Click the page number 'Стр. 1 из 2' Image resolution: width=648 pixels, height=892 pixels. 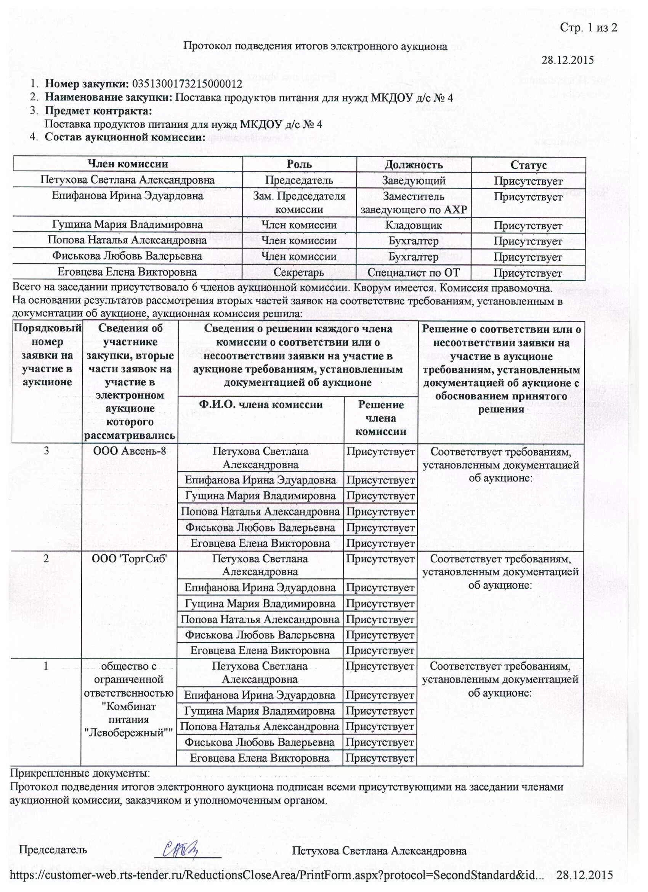pos(588,27)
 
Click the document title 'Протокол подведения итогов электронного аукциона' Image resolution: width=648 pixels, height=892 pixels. pos(316,47)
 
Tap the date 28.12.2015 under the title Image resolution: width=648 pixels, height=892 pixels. pos(568,60)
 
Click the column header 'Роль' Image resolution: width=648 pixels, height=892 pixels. pos(299,164)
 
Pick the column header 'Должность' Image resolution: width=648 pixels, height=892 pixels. pos(414,165)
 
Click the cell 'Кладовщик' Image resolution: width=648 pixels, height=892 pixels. pos(414,225)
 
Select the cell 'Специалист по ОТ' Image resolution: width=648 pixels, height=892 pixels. pos(414,272)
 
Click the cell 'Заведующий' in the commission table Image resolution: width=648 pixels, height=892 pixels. pos(414,180)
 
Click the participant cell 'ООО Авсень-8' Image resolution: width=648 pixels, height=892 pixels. pos(129,451)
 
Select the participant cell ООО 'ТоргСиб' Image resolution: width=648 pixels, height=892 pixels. pos(129,558)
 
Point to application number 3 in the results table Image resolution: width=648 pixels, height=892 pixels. pos(47,451)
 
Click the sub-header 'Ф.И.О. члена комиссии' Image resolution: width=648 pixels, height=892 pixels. pos(261,404)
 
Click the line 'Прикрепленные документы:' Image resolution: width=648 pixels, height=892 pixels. pos(80,773)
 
